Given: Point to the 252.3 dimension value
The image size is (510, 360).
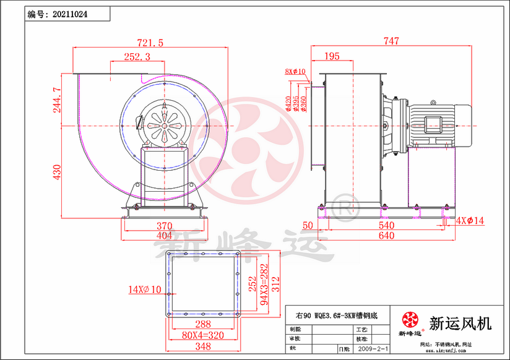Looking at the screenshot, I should pos(137,56).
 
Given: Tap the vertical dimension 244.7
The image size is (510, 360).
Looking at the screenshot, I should pos(57,99).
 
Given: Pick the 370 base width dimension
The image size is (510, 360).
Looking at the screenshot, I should pos(164,226).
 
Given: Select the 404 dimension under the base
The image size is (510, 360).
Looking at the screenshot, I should pos(164,236).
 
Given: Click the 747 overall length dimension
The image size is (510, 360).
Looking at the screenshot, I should pos(391,41).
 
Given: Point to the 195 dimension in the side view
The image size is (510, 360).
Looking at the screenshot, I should pos(332,56).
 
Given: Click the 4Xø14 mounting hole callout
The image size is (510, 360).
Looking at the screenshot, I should pos(470,220).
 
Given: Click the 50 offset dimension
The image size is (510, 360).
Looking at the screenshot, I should pos(308,226).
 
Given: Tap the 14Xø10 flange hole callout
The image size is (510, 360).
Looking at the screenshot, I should pos(144,289).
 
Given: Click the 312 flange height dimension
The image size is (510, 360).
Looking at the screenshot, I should pos(276,284).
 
